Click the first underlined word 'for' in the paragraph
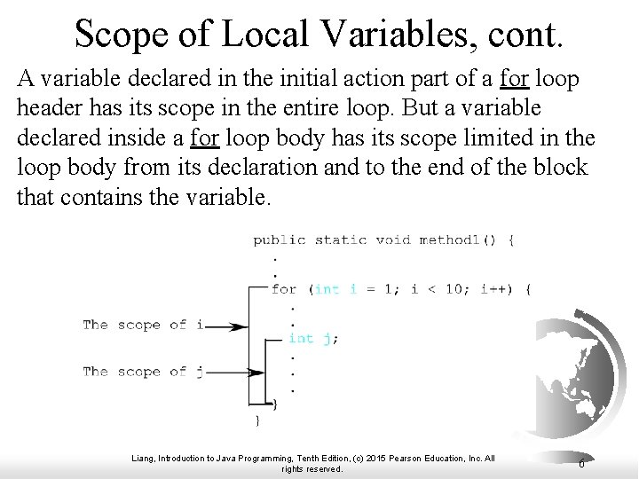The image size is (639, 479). tap(515, 80)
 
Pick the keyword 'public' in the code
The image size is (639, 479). tap(279, 239)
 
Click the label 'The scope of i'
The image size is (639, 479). tap(143, 326)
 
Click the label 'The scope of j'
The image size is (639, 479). tap(143, 373)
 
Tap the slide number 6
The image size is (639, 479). tap(580, 463)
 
